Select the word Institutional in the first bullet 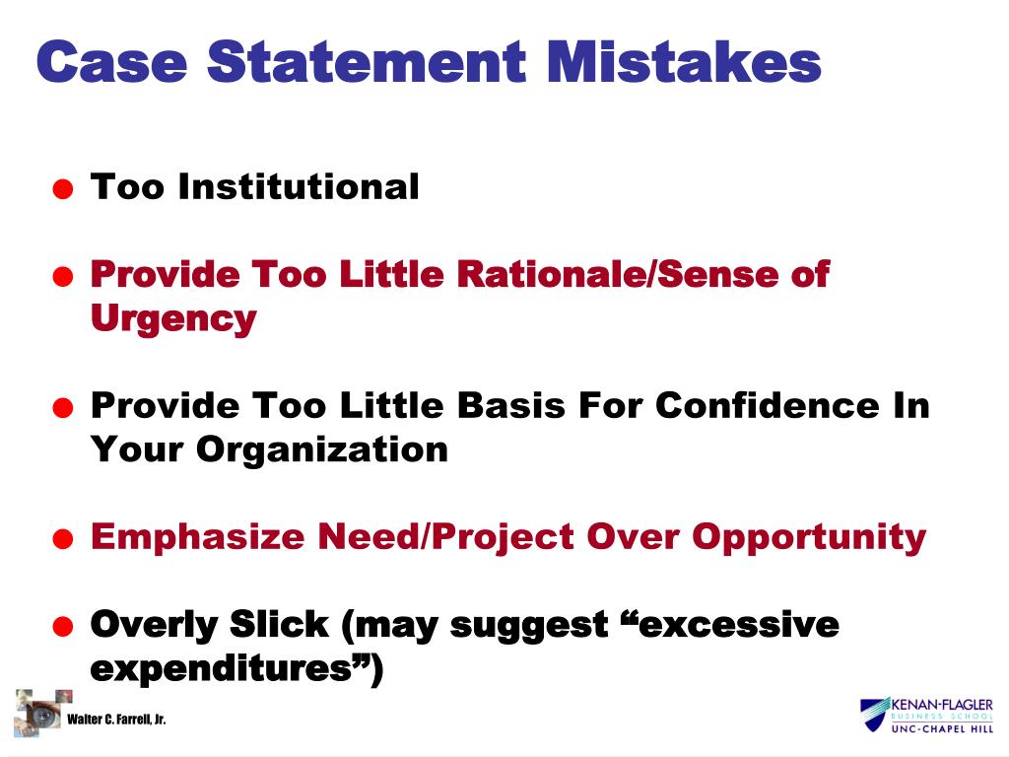[x=299, y=186]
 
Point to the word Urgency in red [x=172, y=319]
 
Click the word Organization [x=321, y=449]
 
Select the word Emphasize [x=198, y=537]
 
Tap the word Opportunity [x=809, y=537]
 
